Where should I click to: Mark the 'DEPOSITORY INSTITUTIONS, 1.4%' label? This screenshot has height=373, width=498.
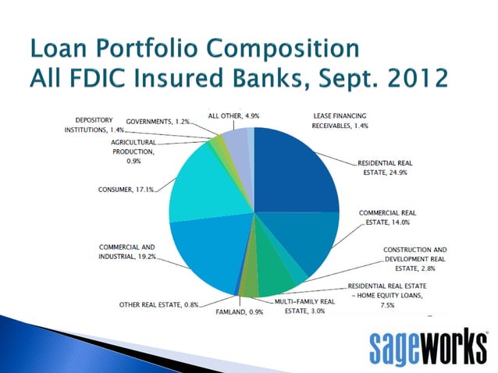91,124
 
